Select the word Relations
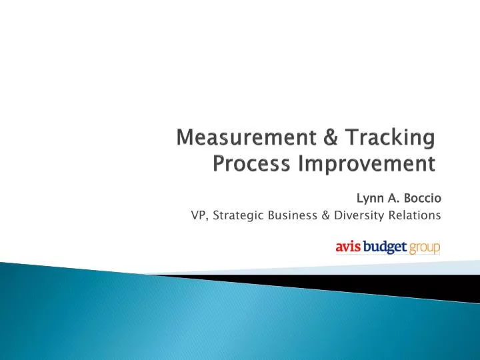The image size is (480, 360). [415, 215]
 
